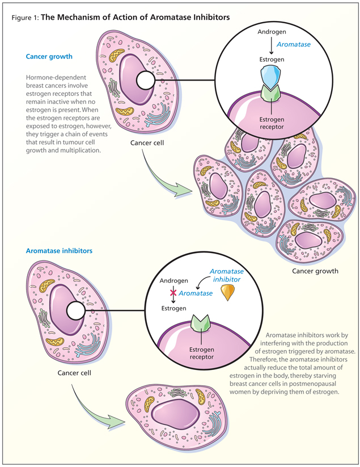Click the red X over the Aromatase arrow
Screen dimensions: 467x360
[172, 293]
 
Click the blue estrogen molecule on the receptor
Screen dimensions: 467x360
[265, 75]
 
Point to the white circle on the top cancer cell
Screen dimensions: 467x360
[146, 81]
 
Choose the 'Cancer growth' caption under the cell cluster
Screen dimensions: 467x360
[315, 271]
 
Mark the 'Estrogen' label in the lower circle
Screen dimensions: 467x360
[172, 308]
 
